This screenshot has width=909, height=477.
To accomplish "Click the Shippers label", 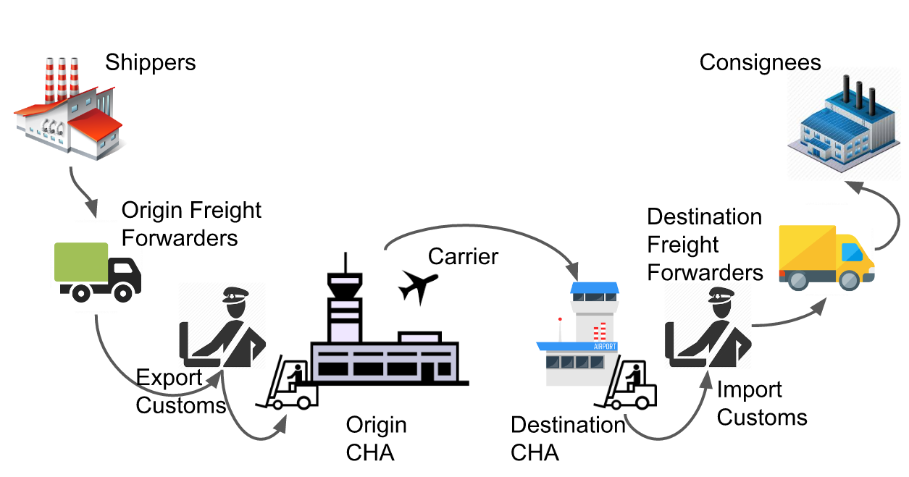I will point(150,62).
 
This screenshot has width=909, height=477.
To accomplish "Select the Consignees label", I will point(760,62).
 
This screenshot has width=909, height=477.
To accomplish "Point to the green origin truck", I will point(98,271).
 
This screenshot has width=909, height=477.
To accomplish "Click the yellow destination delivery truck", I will point(826,258).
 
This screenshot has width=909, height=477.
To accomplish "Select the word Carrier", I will point(464,256).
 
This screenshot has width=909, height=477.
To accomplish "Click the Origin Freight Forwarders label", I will point(191,224).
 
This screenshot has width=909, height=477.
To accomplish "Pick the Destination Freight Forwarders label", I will point(705,245).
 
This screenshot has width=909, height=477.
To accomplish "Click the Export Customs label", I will point(180,392).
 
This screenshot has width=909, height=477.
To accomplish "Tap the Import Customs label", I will point(761,403).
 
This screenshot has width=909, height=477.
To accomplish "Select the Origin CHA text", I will point(376,439).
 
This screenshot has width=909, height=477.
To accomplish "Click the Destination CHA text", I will point(567,439).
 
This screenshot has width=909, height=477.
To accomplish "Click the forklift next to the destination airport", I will point(625,387).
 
